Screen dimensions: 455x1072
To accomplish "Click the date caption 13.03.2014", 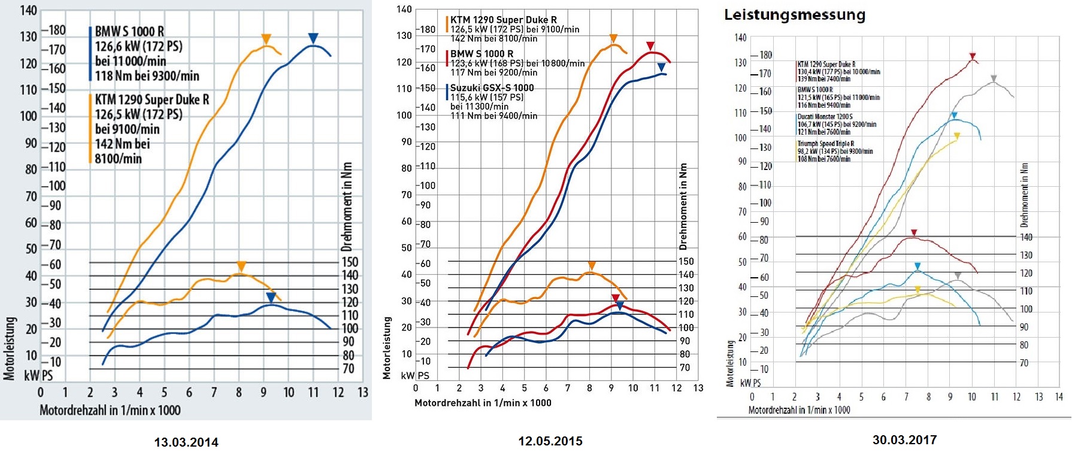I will (x=186, y=442).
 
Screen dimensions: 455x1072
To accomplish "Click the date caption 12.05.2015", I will (x=550, y=441).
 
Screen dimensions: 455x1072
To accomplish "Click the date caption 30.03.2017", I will (x=904, y=440).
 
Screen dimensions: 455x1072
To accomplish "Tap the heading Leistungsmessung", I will (x=795, y=14).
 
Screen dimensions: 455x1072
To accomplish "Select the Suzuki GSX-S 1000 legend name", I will (x=492, y=87).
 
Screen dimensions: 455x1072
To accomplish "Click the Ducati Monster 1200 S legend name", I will (x=825, y=117).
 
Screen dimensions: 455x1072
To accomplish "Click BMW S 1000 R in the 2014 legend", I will (x=129, y=31).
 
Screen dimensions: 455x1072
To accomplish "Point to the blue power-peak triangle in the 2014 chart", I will (x=313, y=38).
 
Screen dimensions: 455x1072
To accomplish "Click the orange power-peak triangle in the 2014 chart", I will (x=267, y=40).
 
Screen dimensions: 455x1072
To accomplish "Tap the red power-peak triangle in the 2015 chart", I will (x=650, y=46).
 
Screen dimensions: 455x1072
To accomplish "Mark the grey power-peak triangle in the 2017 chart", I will (x=994, y=78).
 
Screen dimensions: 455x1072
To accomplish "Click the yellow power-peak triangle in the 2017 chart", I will (x=956, y=136).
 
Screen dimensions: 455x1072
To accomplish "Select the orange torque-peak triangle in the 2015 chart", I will (x=592, y=266).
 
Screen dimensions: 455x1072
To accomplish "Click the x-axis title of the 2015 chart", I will (x=483, y=403).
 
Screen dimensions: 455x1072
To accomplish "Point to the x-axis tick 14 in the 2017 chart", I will (x=1059, y=397).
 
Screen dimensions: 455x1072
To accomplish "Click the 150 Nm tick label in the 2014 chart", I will (x=350, y=262).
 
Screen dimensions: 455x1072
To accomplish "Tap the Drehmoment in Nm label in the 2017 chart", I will (x=1024, y=195).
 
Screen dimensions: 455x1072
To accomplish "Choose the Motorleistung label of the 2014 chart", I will (x=10, y=348).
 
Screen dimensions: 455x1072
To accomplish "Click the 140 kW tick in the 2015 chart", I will (x=404, y=9).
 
